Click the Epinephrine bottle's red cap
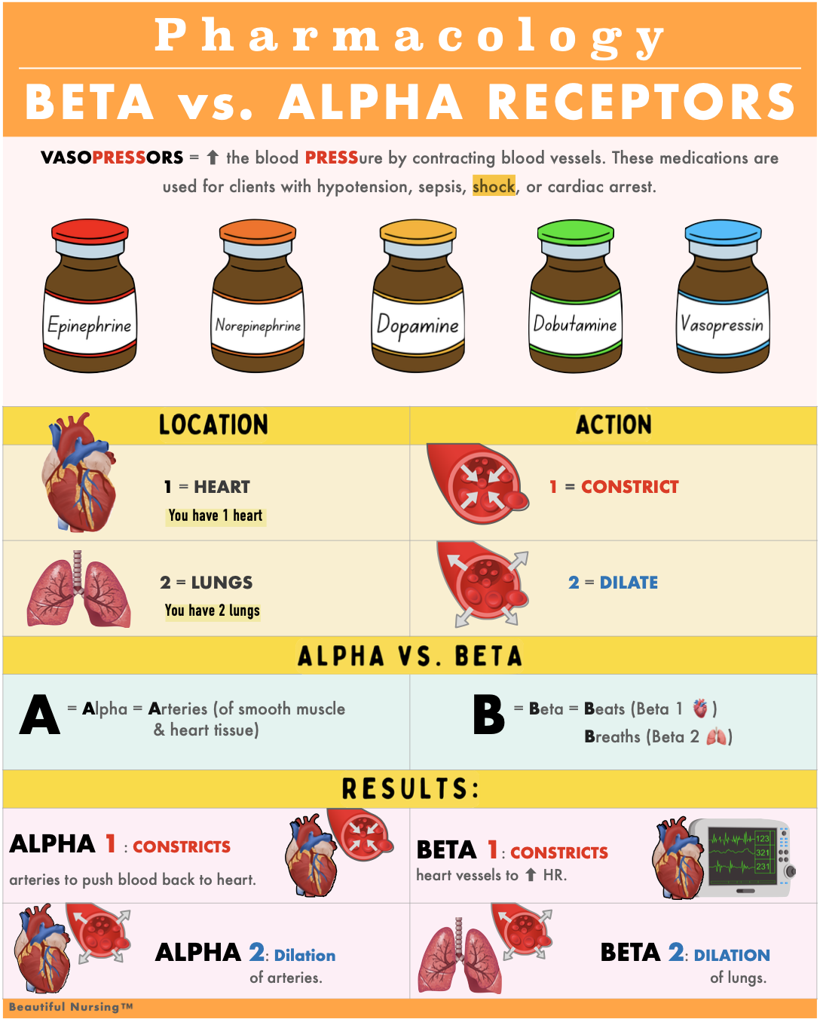(x=90, y=231)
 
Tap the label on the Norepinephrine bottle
(x=259, y=326)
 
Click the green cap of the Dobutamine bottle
(x=577, y=231)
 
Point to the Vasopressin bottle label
(x=723, y=325)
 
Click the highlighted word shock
(x=494, y=186)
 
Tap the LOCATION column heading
(x=213, y=425)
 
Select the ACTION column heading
(x=613, y=425)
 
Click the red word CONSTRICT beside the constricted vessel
(x=629, y=487)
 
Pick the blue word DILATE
(x=629, y=583)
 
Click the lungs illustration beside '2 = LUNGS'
(x=78, y=589)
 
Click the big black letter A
(x=40, y=715)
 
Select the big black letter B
(x=488, y=715)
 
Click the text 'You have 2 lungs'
(x=213, y=610)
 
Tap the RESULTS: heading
(x=411, y=789)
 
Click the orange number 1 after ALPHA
(x=111, y=844)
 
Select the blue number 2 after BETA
(x=676, y=952)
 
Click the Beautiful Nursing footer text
(x=71, y=1007)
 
